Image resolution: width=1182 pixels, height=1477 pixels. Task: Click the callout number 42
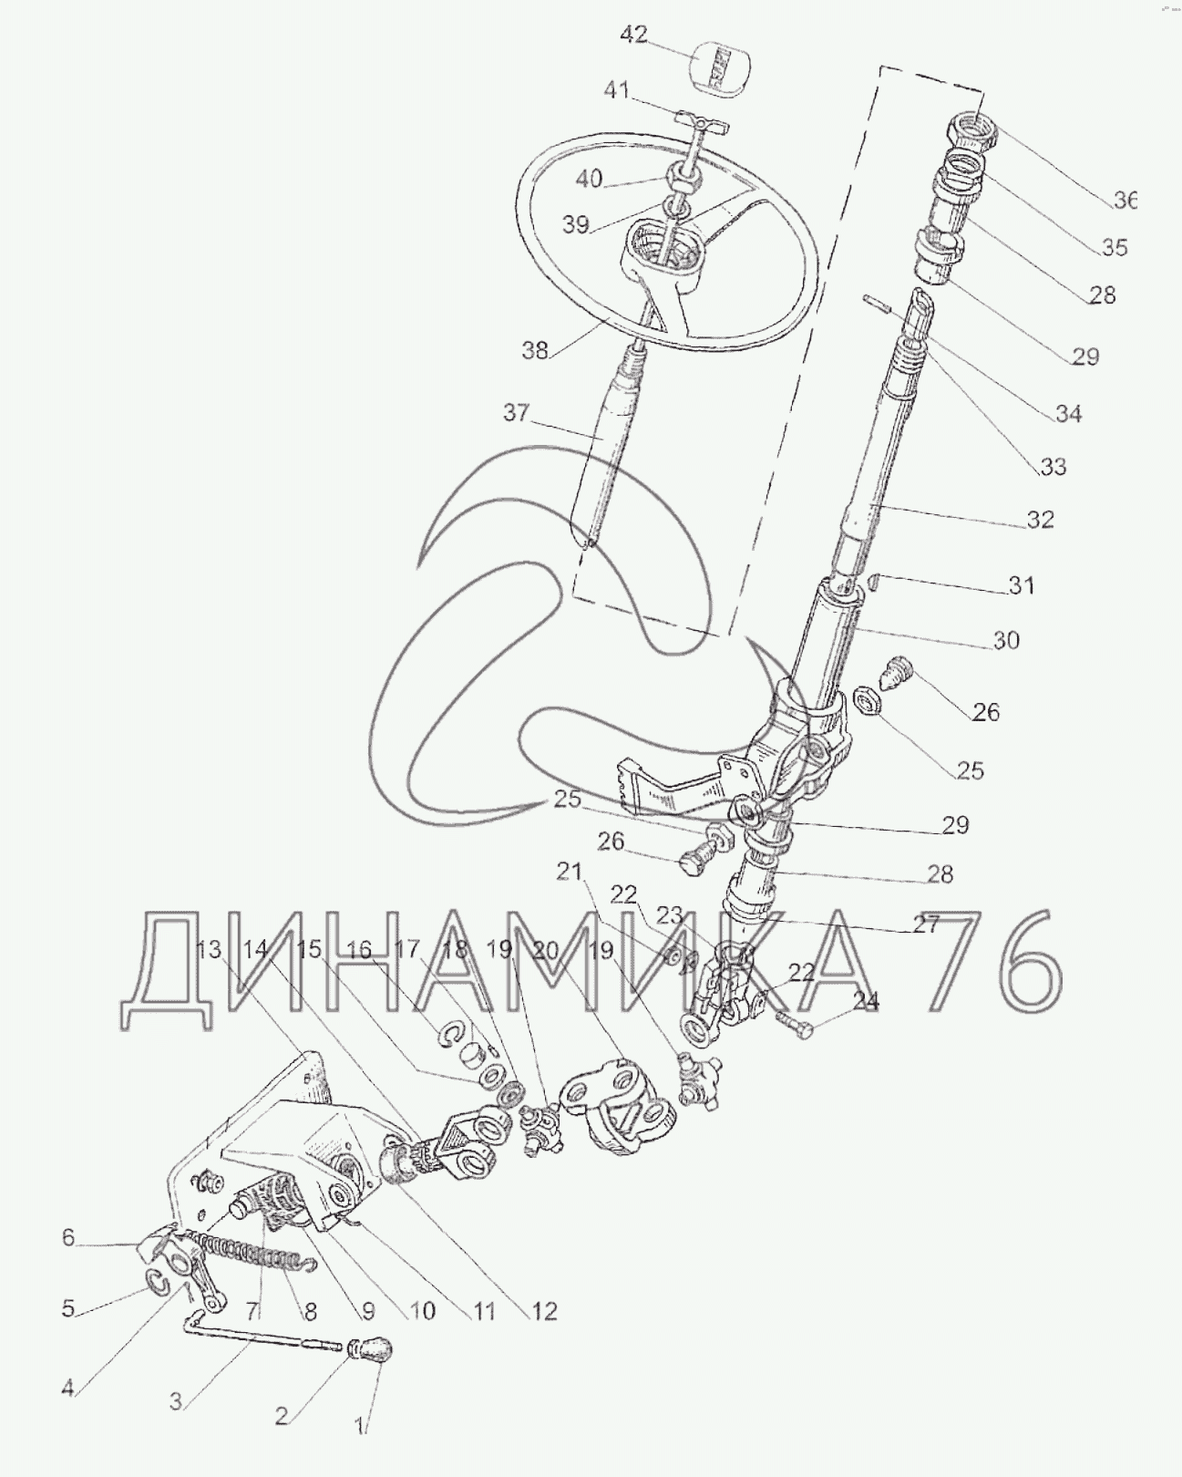(633, 35)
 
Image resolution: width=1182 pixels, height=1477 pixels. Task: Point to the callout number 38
(535, 351)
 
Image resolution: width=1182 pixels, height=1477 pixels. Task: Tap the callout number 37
(516, 412)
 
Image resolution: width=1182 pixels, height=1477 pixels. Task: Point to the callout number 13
(210, 950)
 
